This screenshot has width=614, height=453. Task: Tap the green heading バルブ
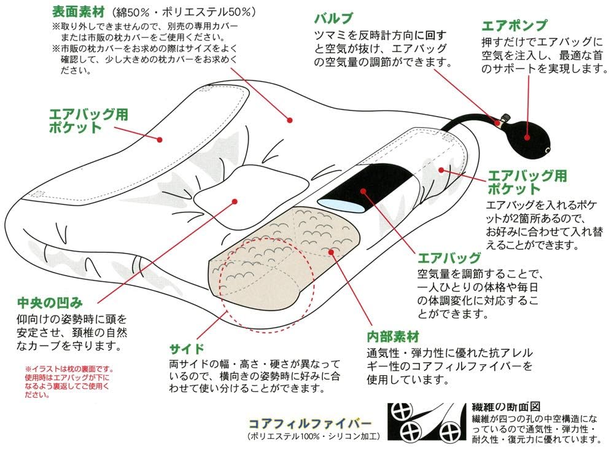(x=334, y=18)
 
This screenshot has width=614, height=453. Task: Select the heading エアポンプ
(x=514, y=26)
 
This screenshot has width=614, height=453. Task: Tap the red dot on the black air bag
(x=363, y=191)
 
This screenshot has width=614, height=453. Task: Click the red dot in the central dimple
(x=235, y=200)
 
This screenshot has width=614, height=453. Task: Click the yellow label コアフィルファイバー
(x=309, y=424)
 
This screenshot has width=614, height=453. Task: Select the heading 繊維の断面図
(x=505, y=406)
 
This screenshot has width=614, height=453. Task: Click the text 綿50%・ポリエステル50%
(x=185, y=12)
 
